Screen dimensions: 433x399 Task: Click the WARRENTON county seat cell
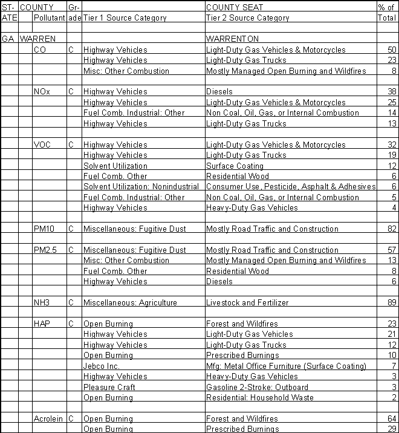pyautogui.click(x=232, y=39)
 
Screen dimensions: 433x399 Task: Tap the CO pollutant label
pyautogui.click(x=40, y=50)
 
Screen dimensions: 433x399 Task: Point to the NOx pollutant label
pyautogui.click(x=42, y=92)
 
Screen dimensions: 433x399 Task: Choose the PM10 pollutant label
pyautogui.click(x=44, y=229)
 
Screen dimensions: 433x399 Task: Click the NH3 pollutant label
pyautogui.click(x=42, y=303)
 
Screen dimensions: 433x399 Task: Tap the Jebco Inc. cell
pyautogui.click(x=102, y=366)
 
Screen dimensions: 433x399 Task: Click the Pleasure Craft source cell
pyautogui.click(x=109, y=388)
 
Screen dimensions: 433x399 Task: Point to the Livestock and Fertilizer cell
pyautogui.click(x=247, y=303)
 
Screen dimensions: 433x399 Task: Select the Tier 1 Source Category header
pyautogui.click(x=125, y=18)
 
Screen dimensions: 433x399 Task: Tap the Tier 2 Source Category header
pyautogui.click(x=248, y=18)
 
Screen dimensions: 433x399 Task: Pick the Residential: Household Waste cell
pyautogui.click(x=260, y=398)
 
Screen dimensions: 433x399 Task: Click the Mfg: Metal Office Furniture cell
pyautogui.click(x=286, y=366)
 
